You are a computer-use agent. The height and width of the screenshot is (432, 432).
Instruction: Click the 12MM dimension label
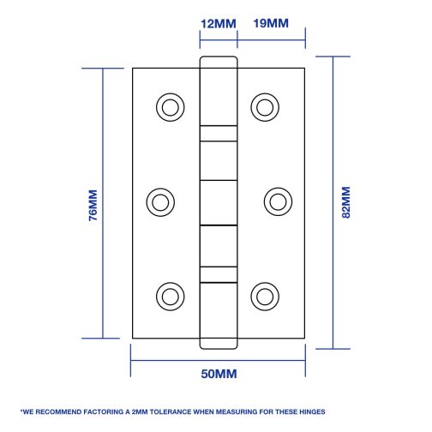(219, 24)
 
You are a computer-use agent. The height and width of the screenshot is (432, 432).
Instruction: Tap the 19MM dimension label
(271, 23)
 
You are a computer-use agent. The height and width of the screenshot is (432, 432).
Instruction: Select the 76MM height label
(93, 205)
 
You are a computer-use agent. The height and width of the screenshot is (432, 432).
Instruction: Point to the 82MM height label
(345, 202)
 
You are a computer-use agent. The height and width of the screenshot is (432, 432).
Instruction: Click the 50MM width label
(219, 374)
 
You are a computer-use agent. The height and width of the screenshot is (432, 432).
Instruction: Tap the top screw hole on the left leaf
(171, 107)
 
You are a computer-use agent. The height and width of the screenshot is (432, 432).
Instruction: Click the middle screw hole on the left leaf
(160, 202)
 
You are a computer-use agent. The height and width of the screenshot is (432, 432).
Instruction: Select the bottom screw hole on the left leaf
(171, 297)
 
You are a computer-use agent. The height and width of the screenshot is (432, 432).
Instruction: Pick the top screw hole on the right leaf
(265, 107)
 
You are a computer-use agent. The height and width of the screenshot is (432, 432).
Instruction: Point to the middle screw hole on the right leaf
(278, 201)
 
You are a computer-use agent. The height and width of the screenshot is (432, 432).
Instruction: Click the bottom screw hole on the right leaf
(265, 297)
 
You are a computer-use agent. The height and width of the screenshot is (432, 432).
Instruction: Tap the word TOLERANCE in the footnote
(171, 411)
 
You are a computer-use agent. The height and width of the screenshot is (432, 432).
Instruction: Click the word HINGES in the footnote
(312, 411)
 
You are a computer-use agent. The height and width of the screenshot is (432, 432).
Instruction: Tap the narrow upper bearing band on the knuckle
(219, 134)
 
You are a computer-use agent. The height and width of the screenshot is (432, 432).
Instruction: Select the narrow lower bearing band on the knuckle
(219, 275)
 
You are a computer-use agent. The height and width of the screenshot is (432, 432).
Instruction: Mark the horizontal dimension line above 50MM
(218, 360)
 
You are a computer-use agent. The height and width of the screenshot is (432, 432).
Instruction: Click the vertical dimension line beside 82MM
(333, 202)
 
